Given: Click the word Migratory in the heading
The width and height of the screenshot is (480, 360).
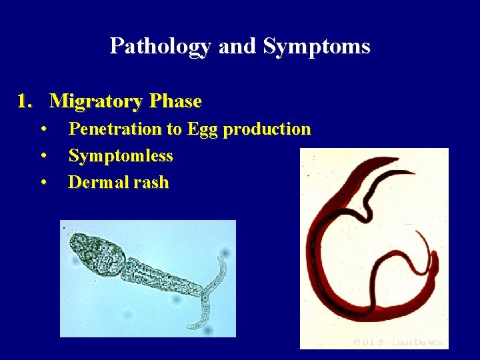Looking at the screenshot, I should (x=96, y=101).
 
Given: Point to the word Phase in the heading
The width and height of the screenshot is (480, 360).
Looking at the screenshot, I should (x=175, y=101).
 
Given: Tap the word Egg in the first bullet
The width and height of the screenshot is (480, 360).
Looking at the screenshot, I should (x=203, y=129).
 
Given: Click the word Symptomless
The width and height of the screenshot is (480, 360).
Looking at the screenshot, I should (x=121, y=156).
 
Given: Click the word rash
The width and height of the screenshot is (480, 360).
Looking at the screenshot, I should (x=150, y=183).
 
